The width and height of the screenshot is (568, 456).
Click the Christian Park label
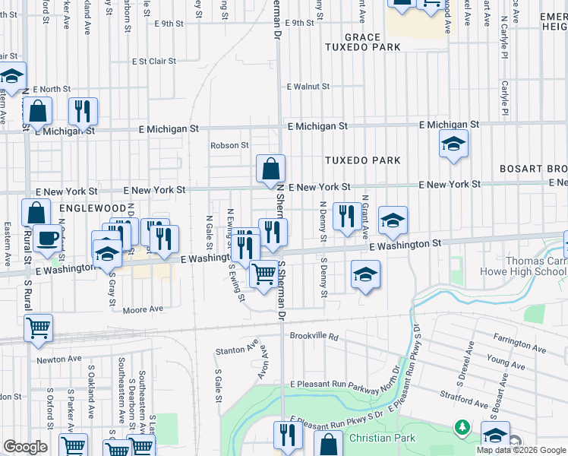click(x=382, y=438)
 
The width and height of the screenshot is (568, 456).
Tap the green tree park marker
click(x=461, y=428)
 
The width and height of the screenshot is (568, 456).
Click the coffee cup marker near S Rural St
click(x=47, y=239)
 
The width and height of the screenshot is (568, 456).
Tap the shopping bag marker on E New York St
click(x=270, y=170)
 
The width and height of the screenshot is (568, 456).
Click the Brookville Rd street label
click(x=313, y=335)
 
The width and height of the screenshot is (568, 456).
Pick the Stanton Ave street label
click(x=237, y=350)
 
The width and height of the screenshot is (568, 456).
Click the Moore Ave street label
click(x=144, y=309)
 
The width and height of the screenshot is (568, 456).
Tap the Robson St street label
click(x=230, y=145)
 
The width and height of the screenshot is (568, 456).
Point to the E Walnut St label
click(x=308, y=87)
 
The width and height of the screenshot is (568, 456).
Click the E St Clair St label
click(x=153, y=61)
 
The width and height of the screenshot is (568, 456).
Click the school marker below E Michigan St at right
click(x=453, y=144)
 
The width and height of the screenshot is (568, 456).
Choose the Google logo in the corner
click(x=25, y=447)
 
